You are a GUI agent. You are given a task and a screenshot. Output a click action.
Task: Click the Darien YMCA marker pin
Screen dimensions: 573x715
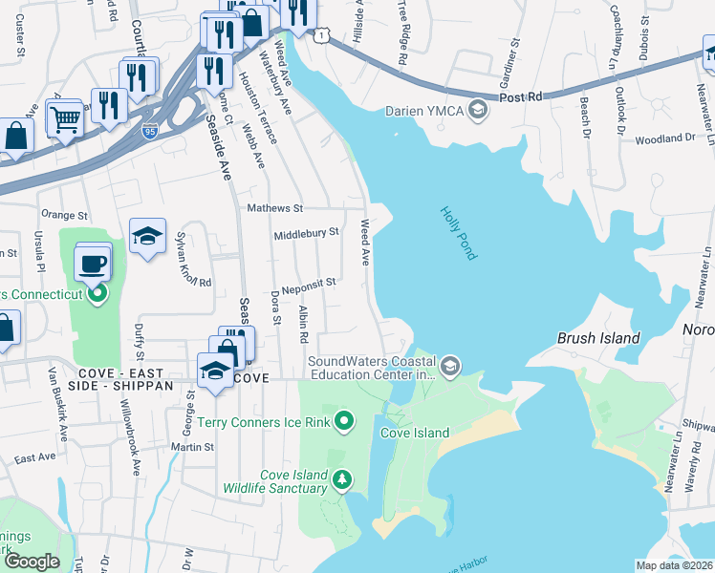(479, 111)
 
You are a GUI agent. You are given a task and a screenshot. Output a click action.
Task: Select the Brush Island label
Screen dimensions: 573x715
(598, 339)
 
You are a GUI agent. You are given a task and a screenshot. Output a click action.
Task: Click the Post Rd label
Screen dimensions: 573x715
(521, 96)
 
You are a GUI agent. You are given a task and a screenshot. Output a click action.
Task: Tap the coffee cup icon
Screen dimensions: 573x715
(93, 264)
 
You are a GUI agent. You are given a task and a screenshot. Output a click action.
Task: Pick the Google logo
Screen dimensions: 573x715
(32, 562)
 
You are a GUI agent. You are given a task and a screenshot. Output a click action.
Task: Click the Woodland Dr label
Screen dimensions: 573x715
(664, 138)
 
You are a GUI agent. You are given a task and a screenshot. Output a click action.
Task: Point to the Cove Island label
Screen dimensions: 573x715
(415, 433)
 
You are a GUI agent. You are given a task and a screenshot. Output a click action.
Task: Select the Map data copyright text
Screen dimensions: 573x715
(674, 565)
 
